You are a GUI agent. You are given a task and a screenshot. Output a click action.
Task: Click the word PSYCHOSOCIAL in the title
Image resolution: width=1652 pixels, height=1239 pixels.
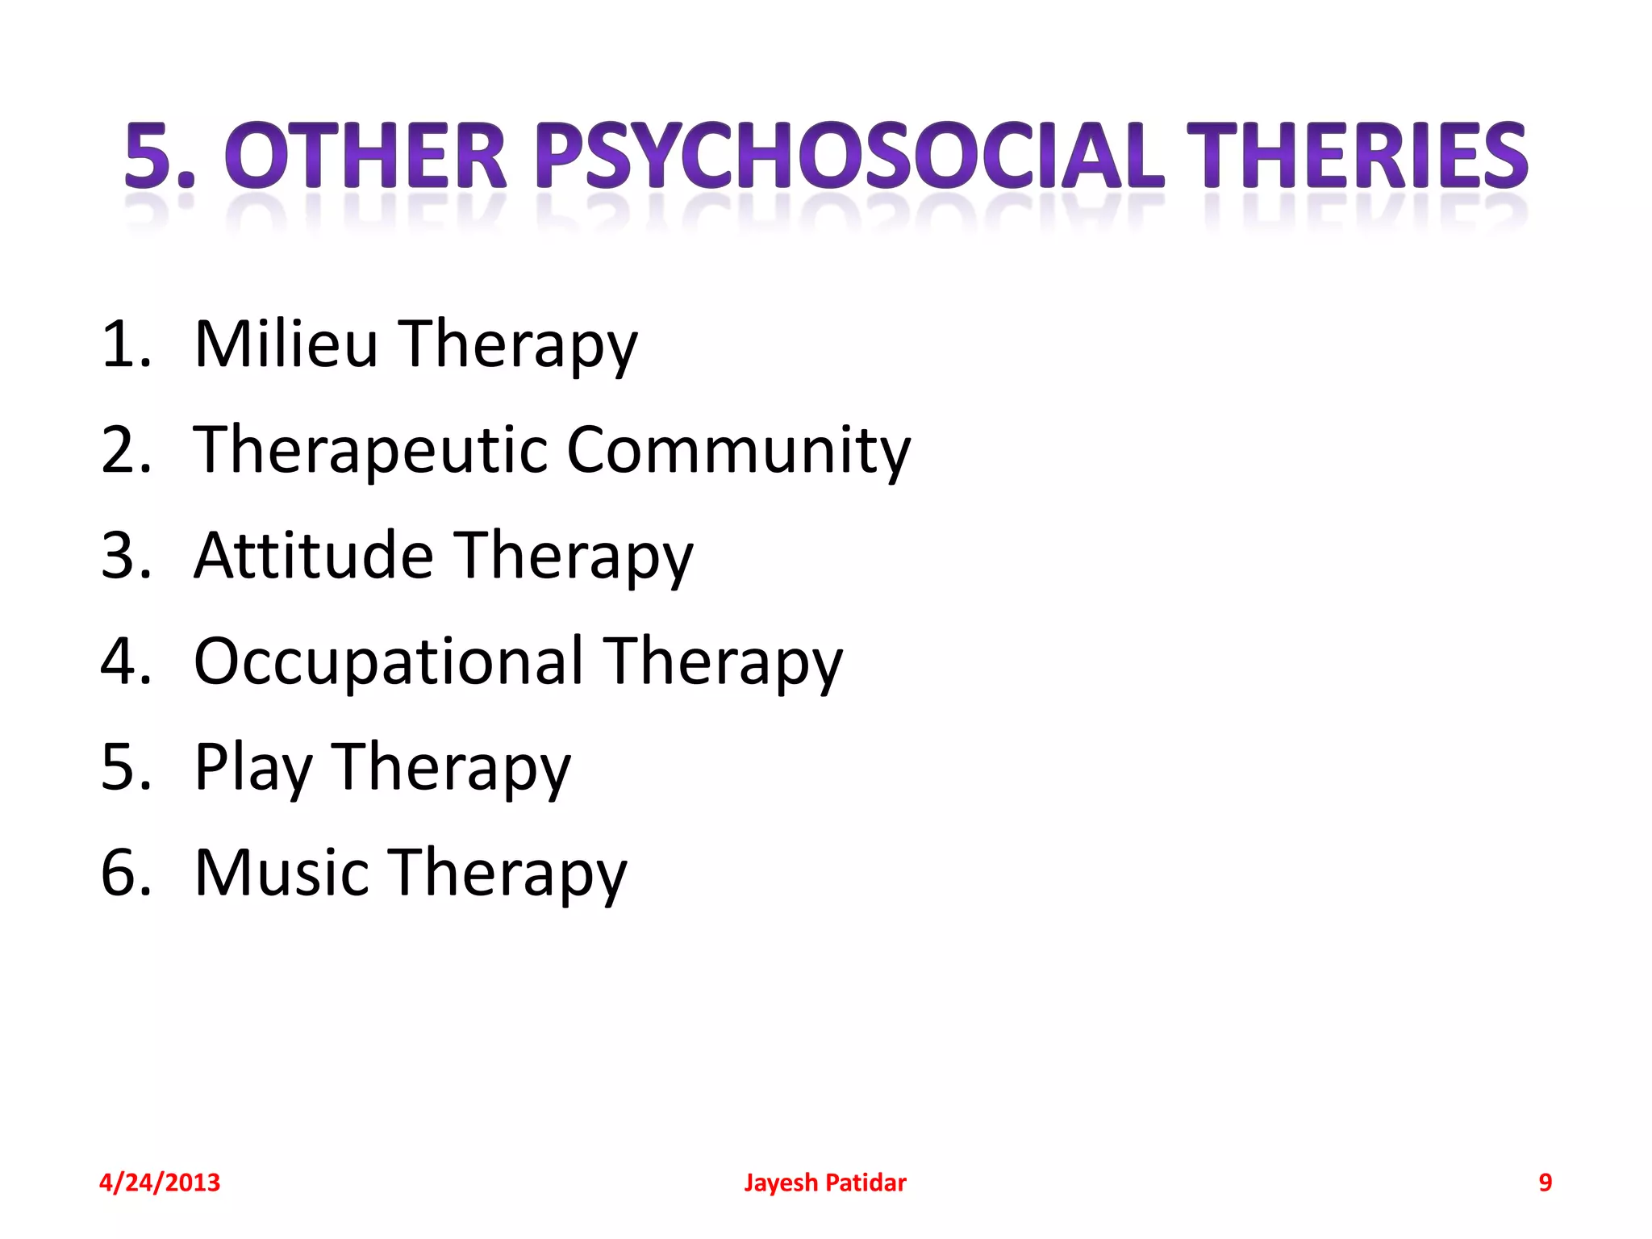point(850,156)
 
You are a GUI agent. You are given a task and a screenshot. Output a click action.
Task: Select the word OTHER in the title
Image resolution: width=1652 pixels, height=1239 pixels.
point(365,156)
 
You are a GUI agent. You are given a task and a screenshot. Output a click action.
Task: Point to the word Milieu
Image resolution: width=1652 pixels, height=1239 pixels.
point(286,344)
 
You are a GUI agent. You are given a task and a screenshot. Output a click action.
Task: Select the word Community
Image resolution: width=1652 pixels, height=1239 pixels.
point(738,450)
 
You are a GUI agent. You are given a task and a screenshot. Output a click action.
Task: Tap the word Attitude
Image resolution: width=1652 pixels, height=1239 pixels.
point(314,556)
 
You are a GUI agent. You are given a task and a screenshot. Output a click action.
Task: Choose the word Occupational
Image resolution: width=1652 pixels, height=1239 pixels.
point(388,661)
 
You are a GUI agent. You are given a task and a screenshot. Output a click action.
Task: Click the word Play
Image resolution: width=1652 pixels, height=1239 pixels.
point(252,768)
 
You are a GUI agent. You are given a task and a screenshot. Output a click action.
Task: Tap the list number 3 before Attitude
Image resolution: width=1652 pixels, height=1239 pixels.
point(126,556)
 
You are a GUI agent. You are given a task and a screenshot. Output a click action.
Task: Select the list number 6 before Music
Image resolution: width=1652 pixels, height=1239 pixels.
point(126,873)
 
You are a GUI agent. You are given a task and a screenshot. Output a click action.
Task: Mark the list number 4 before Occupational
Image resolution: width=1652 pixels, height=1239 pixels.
point(126,661)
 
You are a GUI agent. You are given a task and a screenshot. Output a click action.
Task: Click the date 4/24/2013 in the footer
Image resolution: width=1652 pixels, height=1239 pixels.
point(159,1183)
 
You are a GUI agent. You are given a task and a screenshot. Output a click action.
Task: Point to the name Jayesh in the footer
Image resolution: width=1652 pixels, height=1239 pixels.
point(780,1183)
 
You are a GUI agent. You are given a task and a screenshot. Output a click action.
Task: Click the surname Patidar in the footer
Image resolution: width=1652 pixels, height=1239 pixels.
point(866,1183)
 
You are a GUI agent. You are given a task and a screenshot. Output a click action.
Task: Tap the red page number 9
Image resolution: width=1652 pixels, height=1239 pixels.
point(1545,1183)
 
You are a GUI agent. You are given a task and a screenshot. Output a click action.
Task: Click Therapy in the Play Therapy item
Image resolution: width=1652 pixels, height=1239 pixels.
point(451,768)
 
